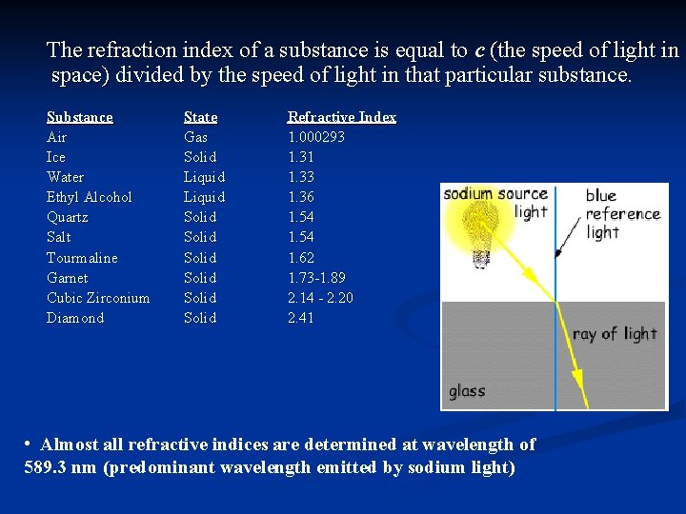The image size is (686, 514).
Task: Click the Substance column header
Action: [x=80, y=117]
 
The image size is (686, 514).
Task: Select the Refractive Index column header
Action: [x=342, y=117]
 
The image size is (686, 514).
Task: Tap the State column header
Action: [x=200, y=117]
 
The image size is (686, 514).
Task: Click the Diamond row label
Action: [x=75, y=318]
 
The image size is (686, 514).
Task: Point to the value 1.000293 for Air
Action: [x=316, y=137]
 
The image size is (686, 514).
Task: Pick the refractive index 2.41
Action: [x=301, y=318]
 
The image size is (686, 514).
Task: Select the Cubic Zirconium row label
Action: [x=98, y=298]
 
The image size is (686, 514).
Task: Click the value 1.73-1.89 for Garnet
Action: [x=316, y=278]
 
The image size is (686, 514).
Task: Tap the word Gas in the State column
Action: [x=195, y=137]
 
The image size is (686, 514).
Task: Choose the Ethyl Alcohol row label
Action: [x=90, y=197]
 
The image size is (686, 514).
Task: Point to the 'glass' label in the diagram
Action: [x=467, y=391]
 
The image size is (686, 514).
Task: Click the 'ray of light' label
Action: [x=615, y=334]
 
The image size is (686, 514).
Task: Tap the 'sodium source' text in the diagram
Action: [x=495, y=194]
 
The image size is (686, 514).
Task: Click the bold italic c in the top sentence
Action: [x=479, y=49]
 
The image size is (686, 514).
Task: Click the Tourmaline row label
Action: [x=83, y=258]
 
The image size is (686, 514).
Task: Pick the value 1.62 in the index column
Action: [x=301, y=258]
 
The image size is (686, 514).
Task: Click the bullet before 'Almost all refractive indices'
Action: [x=30, y=445]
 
